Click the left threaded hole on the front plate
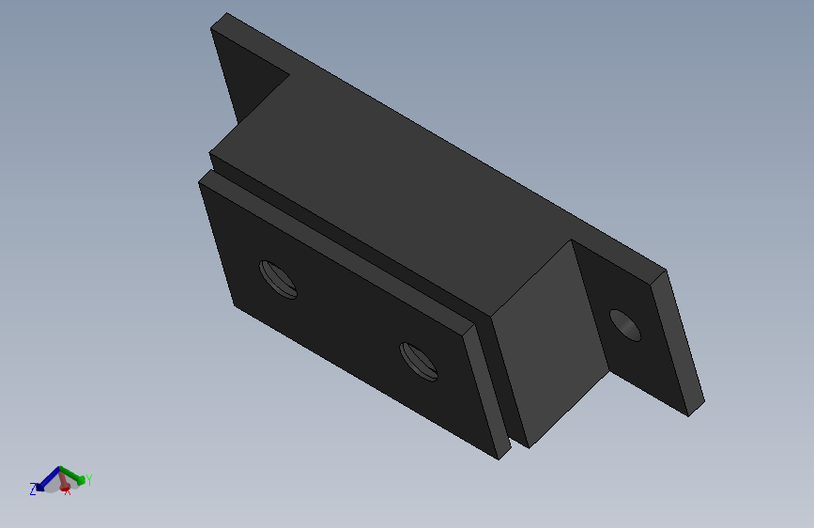pos(278,279)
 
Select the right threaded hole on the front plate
pos(419,362)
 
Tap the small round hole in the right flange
pos(625,325)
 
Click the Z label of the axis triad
pos(33,489)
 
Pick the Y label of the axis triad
pos(88,480)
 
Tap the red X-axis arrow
pos(63,482)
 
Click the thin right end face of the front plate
pos(486,390)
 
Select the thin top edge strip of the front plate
pos(338,249)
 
